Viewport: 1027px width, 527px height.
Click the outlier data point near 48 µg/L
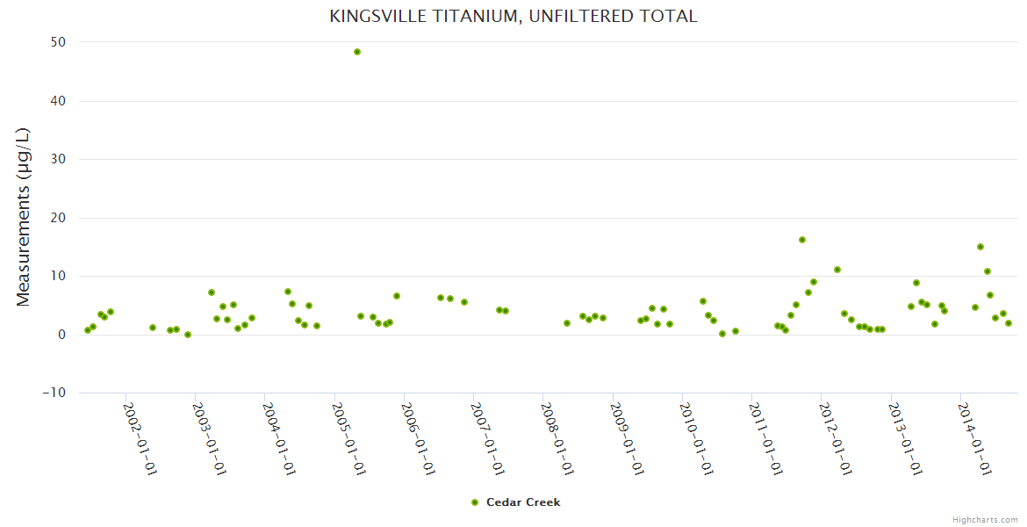[x=357, y=52]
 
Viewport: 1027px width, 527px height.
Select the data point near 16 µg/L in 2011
[x=802, y=240]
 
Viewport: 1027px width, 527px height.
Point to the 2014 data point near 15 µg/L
[x=980, y=247]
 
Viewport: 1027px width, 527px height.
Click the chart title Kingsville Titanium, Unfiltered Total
[x=513, y=17]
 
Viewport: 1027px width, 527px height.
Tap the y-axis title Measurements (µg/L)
[x=24, y=217]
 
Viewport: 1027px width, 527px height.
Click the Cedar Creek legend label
[x=523, y=502]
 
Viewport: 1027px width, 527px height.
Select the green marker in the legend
[x=475, y=502]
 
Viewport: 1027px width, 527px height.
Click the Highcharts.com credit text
[x=985, y=520]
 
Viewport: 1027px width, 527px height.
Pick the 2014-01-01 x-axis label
[x=975, y=438]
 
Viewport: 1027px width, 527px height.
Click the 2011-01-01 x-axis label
[x=766, y=438]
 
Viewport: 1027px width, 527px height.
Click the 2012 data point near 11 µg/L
[x=837, y=270]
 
